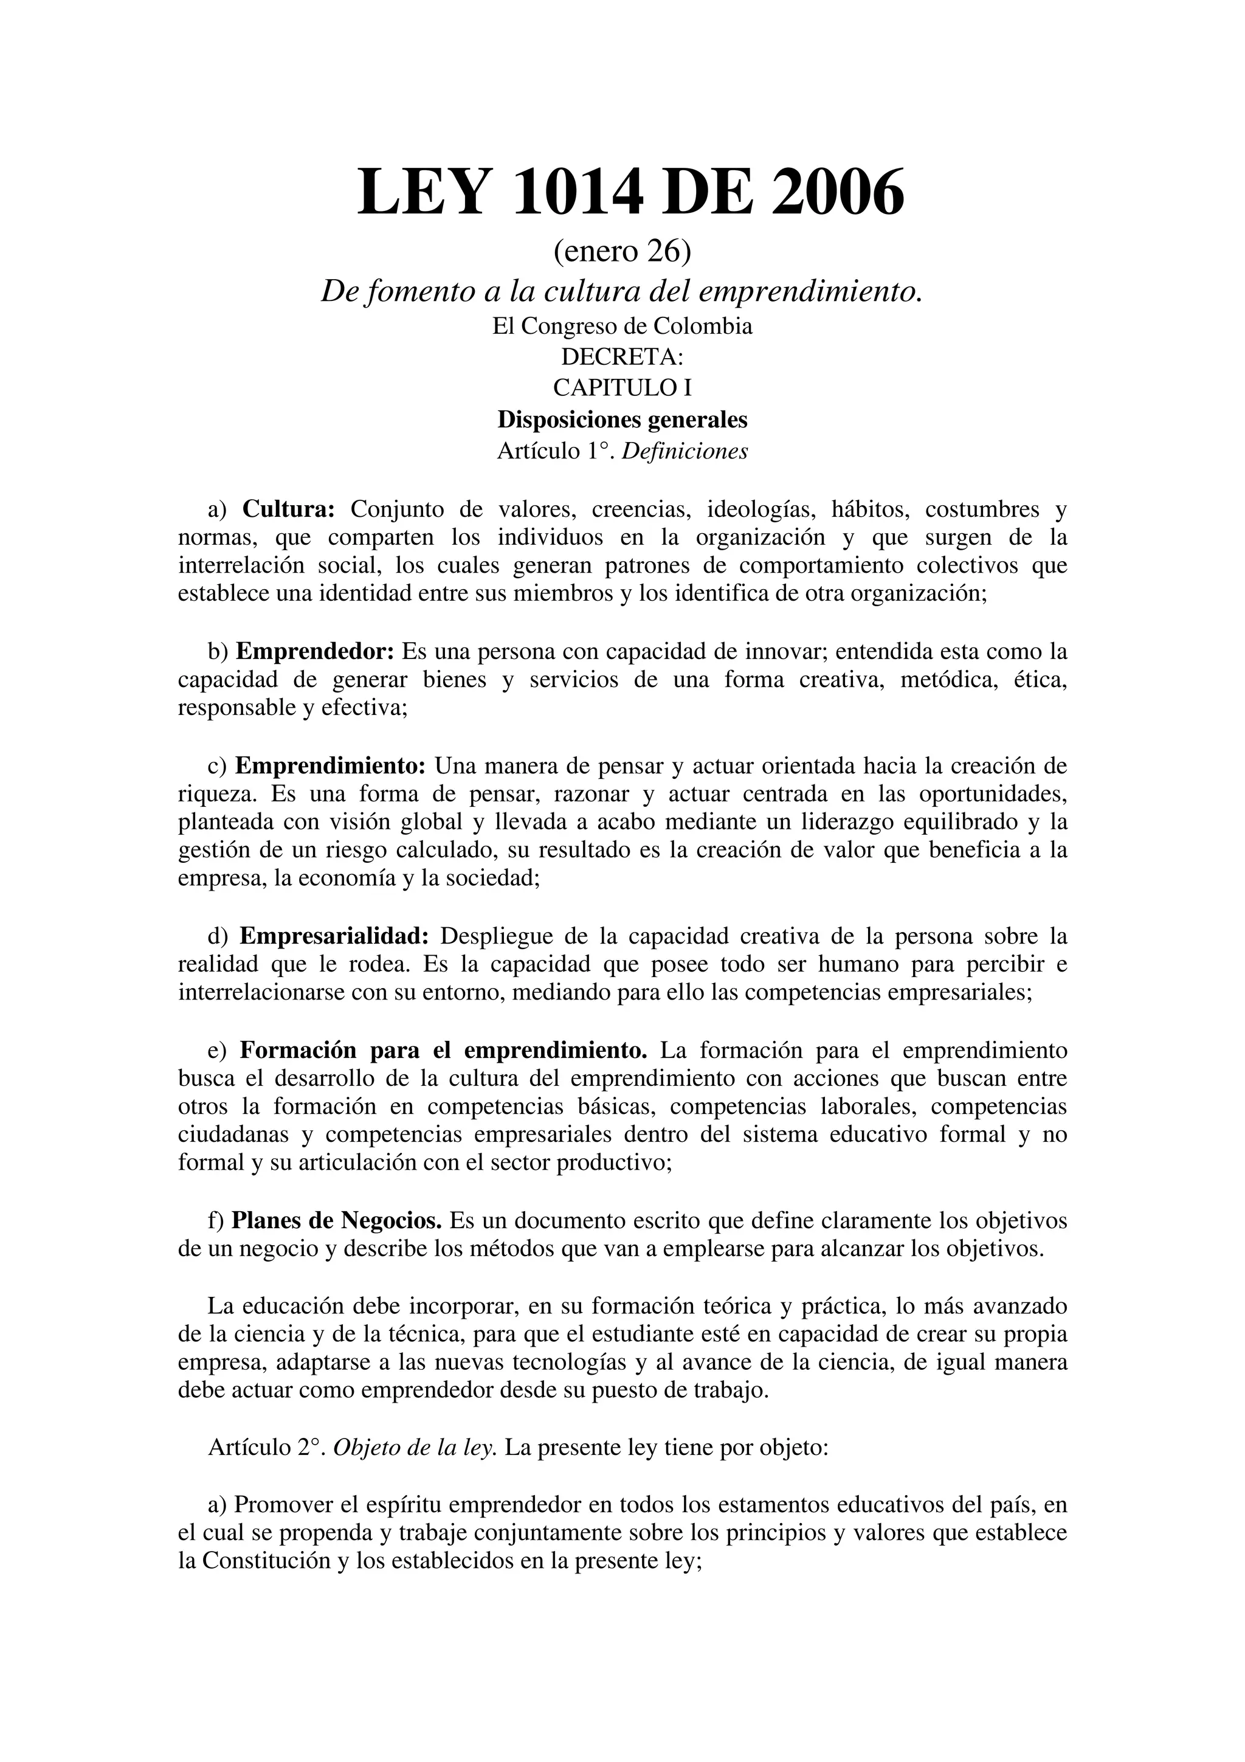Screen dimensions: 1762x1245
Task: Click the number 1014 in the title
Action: coord(576,193)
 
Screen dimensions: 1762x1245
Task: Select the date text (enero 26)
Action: coord(622,250)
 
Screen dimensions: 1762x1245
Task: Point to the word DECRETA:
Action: coord(622,357)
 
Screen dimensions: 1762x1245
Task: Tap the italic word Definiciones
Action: coord(685,451)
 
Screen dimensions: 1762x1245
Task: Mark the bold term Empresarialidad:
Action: coord(334,936)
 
